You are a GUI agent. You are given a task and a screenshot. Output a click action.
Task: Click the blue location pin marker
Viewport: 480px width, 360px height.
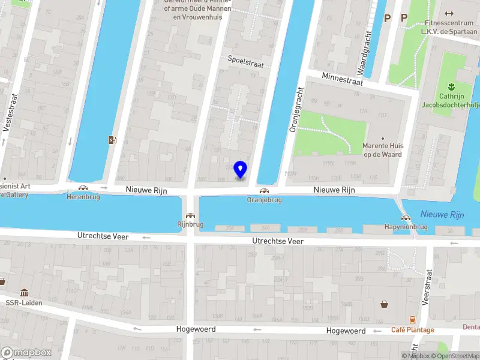click(x=240, y=170)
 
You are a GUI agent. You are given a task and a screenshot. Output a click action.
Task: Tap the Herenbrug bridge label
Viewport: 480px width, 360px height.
click(x=83, y=196)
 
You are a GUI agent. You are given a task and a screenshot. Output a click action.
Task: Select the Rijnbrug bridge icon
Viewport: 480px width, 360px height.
click(x=190, y=216)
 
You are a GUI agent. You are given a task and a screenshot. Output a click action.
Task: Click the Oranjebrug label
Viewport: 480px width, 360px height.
click(x=264, y=200)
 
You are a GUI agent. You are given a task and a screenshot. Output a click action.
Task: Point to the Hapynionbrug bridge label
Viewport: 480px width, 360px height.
click(x=406, y=227)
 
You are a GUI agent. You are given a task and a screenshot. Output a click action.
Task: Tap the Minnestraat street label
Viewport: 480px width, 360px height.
click(x=342, y=79)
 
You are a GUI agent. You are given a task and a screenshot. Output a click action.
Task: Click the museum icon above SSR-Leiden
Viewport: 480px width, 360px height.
click(x=24, y=293)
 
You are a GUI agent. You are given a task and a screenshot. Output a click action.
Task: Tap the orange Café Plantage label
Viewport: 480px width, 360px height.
click(x=412, y=330)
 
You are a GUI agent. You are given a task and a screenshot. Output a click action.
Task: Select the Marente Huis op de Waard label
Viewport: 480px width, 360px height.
click(x=383, y=150)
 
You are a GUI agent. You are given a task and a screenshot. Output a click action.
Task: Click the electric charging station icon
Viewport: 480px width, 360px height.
click(x=112, y=140)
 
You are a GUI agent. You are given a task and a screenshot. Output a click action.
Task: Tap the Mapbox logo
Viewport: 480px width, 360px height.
click(x=26, y=353)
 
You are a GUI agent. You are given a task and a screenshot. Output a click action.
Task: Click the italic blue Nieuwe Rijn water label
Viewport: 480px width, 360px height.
click(x=442, y=214)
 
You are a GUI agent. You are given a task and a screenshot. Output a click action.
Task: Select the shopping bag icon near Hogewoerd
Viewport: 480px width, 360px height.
click(x=385, y=304)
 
